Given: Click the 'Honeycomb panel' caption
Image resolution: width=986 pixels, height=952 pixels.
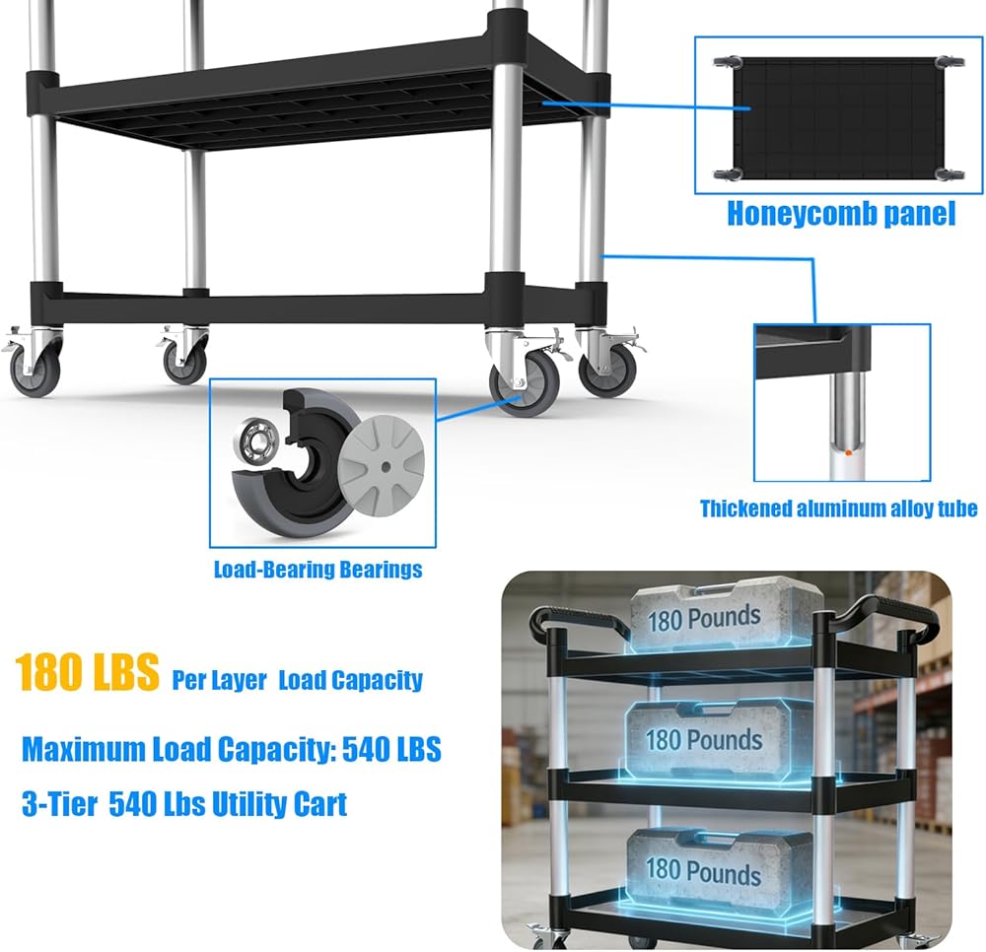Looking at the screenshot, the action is (x=841, y=214).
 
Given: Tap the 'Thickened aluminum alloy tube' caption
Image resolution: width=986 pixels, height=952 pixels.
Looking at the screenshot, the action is (x=838, y=509).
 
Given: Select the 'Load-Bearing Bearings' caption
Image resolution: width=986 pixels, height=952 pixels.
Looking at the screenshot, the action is (x=317, y=570).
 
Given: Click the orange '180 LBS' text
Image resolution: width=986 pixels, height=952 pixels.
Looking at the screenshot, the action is (x=88, y=672).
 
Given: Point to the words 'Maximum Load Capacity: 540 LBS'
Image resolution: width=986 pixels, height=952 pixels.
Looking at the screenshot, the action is (x=232, y=750).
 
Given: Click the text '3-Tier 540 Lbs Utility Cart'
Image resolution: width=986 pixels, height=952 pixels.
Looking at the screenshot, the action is (x=184, y=804).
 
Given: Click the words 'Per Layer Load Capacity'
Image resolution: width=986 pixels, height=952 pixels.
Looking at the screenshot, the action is (x=297, y=680).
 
